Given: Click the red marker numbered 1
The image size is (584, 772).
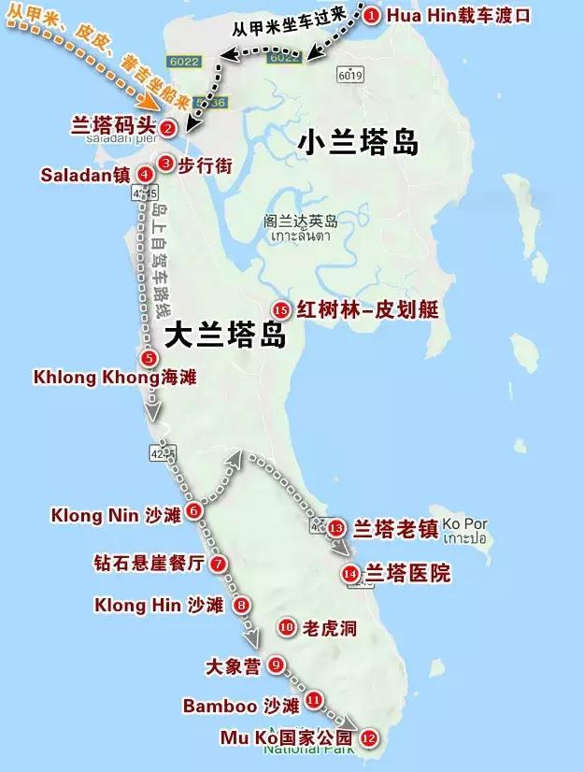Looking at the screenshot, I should pos(372,15).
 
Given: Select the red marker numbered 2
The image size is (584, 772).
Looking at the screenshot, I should pos(167,128).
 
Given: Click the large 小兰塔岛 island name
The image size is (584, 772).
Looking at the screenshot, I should pos(358,142).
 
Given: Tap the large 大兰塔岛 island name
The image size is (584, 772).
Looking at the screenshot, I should pos(224,336).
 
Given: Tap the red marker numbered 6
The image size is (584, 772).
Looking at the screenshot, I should pos(193,510).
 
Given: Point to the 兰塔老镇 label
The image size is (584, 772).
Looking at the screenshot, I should pos(395,528).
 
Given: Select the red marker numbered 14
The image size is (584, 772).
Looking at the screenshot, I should pos(350,573).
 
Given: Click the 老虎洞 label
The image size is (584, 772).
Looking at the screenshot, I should pos(330,628).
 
